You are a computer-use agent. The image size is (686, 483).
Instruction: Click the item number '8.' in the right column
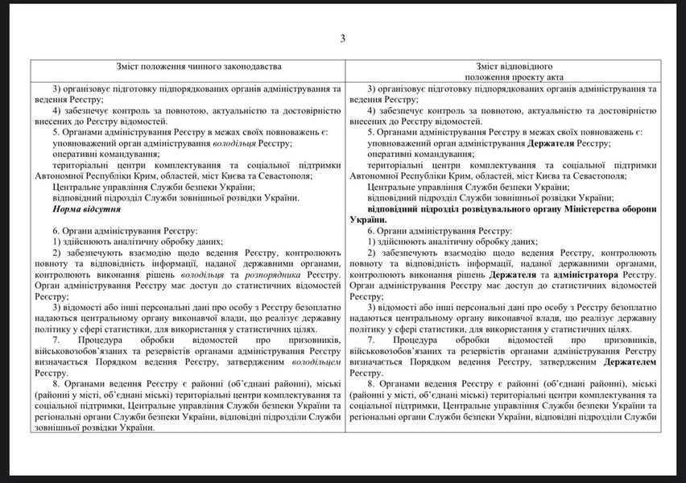(372, 385)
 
